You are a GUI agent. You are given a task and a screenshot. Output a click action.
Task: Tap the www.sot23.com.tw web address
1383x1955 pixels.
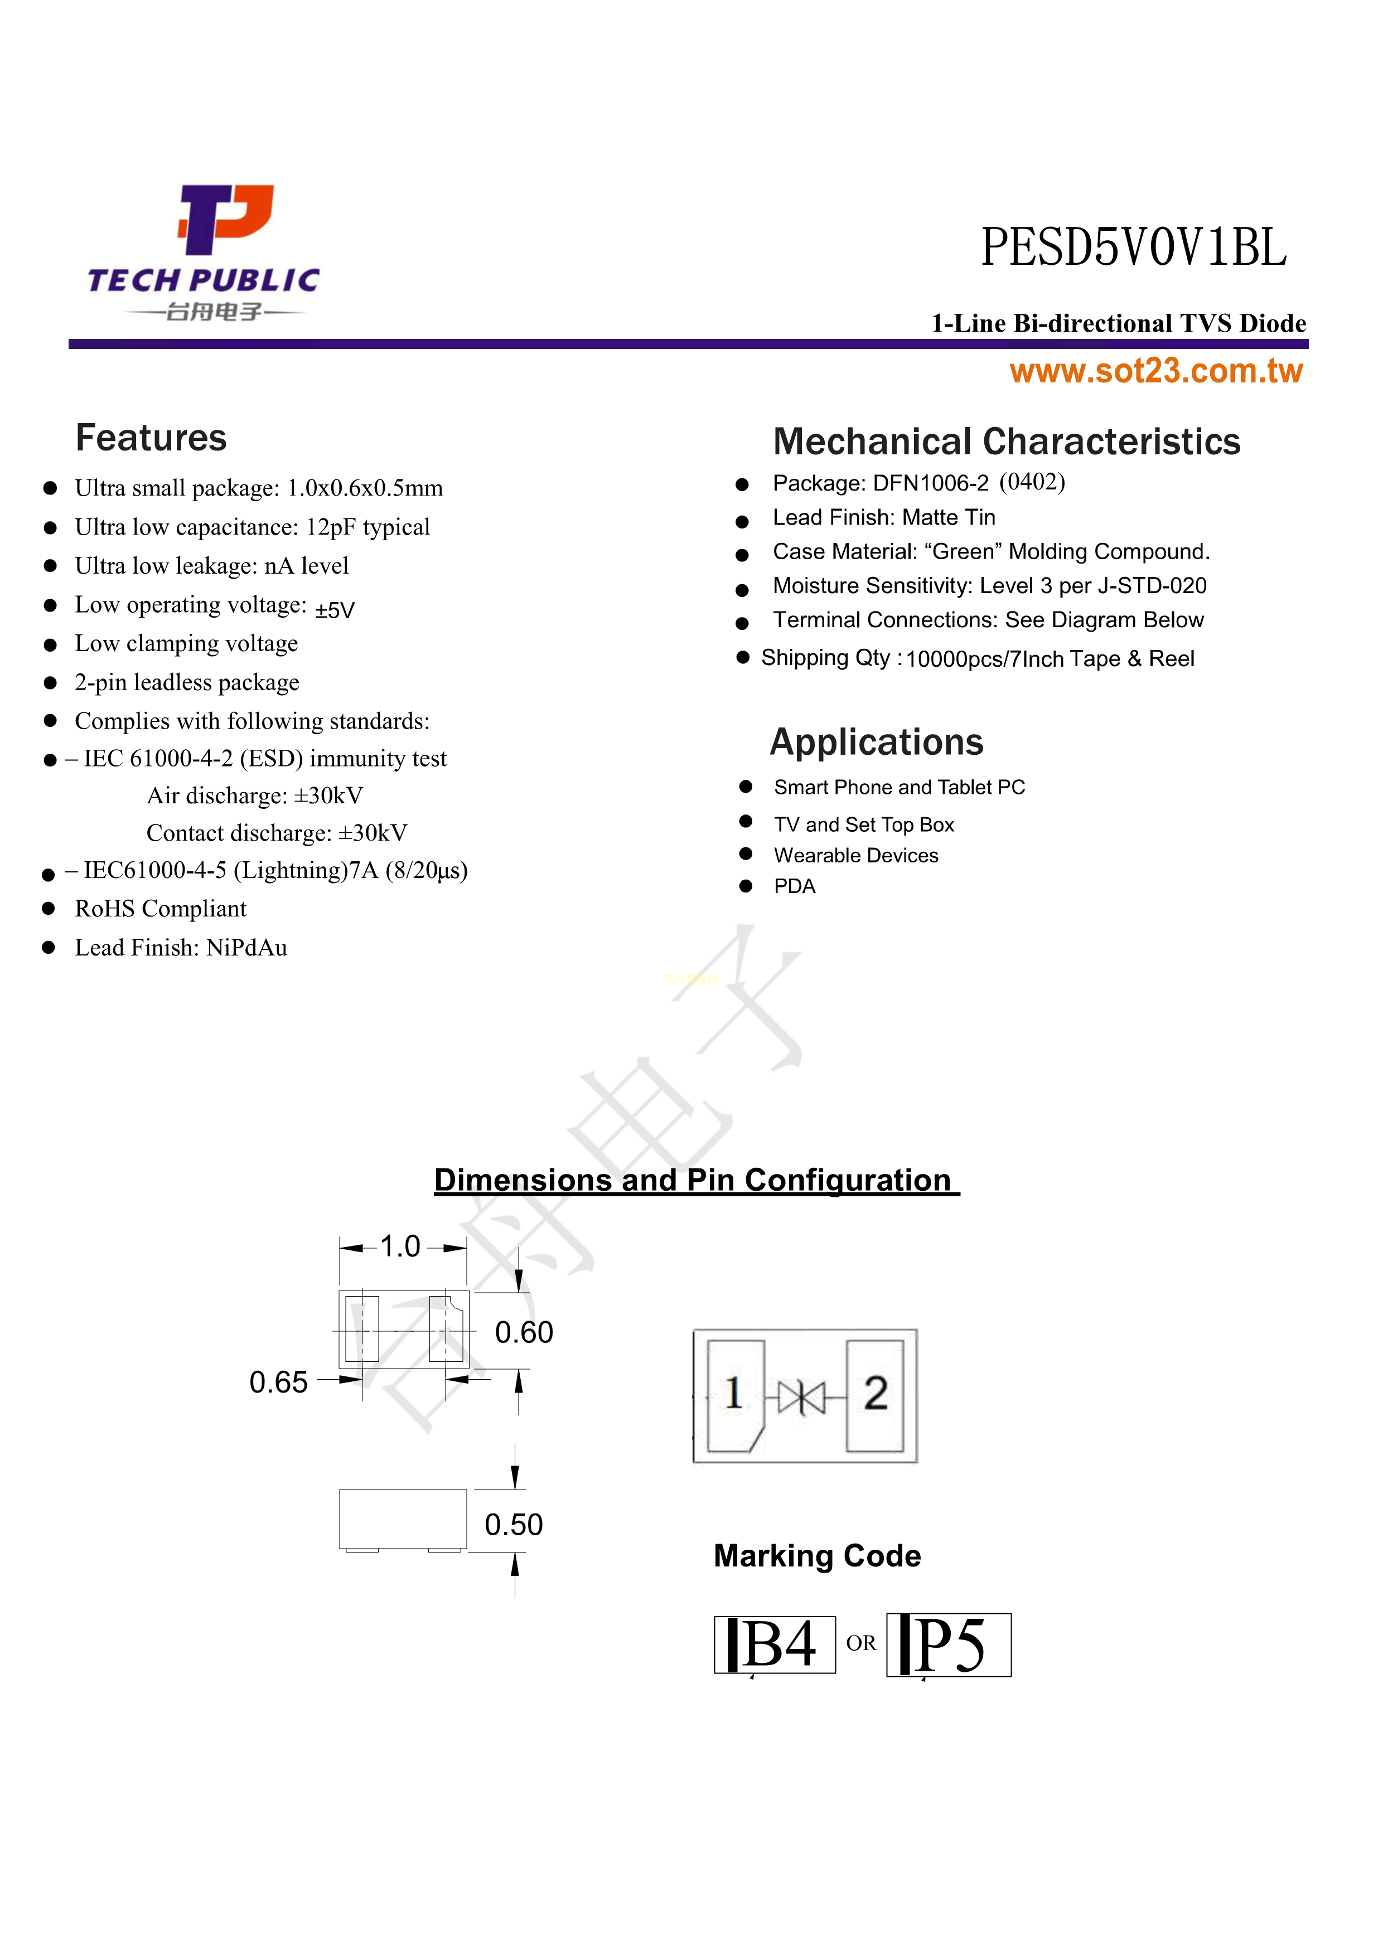click(1155, 371)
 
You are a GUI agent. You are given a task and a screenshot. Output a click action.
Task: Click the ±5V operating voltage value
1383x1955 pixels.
click(335, 610)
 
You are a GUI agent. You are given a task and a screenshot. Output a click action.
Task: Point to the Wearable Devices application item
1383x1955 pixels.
click(856, 856)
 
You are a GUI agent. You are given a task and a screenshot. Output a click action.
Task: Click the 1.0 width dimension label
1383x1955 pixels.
click(400, 1246)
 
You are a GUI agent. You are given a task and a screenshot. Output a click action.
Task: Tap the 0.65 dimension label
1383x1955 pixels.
click(278, 1382)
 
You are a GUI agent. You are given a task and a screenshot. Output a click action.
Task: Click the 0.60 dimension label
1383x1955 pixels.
click(524, 1332)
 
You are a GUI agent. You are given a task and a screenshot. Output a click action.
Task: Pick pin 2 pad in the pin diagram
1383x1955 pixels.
click(874, 1395)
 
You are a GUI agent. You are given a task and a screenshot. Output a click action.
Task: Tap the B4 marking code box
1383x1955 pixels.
click(775, 1644)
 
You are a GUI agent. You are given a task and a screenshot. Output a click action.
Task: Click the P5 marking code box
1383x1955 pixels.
click(949, 1644)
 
